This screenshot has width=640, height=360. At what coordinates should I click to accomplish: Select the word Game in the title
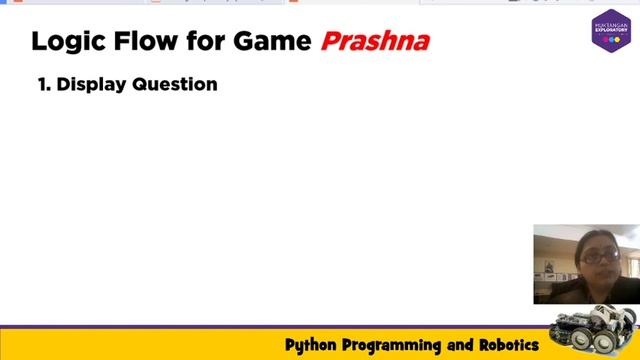tap(274, 42)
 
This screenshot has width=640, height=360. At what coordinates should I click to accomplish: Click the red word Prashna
tap(375, 42)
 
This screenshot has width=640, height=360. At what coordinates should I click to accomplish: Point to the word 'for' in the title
tap(203, 42)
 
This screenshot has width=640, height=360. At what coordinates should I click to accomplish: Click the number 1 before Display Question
tap(43, 85)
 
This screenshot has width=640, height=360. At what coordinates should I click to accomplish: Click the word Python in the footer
tap(311, 346)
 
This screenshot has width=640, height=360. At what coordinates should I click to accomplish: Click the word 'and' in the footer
tap(461, 346)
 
